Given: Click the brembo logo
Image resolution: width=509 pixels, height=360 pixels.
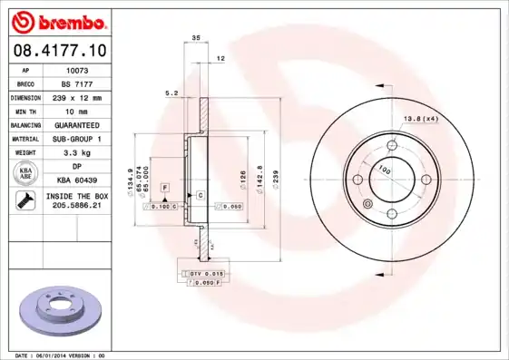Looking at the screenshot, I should [x=56, y=21].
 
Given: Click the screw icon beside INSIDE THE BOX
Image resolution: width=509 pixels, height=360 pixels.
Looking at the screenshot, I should [x=22, y=201].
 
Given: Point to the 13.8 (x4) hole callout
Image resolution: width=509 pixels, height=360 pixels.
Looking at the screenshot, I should [x=419, y=118].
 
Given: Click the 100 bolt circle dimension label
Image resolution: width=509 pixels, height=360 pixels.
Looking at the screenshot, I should [x=384, y=170].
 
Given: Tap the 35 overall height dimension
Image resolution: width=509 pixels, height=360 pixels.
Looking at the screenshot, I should [x=196, y=38].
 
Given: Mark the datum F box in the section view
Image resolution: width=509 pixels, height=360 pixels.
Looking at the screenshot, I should [x=165, y=187].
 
